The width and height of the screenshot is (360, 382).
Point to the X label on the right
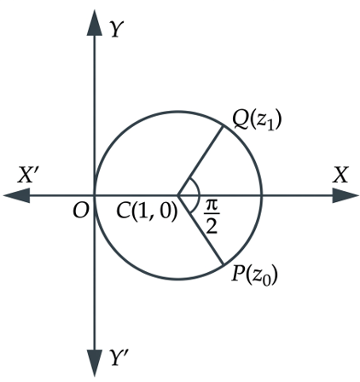pos(340,175)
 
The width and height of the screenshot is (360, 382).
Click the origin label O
pos(81,211)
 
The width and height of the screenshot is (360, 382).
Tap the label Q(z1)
pos(257,120)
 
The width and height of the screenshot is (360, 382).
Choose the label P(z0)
pos(254,275)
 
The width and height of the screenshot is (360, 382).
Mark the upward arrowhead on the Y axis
pos(95,23)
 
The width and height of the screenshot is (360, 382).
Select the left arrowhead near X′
pos(16,195)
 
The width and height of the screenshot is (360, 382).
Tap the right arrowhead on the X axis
pos(345,195)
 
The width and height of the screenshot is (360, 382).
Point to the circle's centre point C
pos(177,195)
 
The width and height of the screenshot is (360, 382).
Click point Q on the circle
pos(223,126)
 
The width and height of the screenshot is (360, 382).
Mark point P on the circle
pos(224,264)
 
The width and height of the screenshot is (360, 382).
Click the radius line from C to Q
pos(200,161)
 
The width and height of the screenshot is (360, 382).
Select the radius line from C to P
pos(200,230)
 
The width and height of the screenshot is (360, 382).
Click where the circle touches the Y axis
pos(95,195)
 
